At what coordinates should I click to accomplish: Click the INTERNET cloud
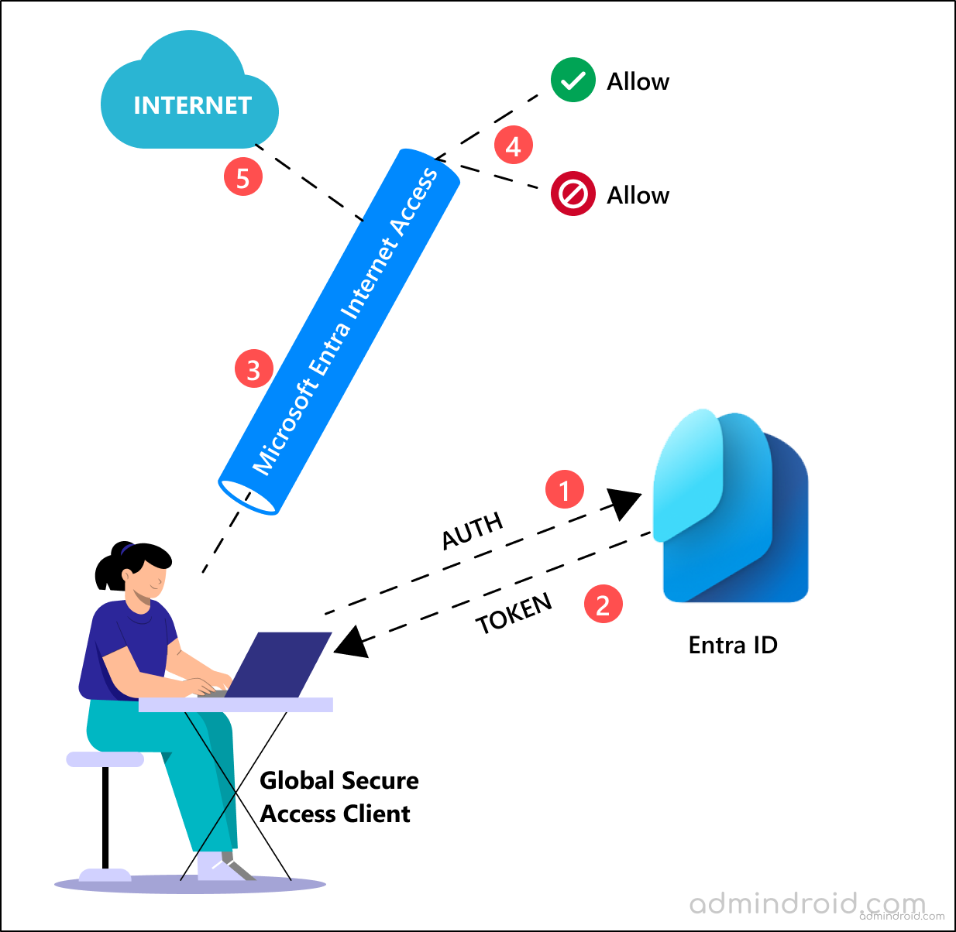point(190,97)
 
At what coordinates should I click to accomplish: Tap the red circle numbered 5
point(243,177)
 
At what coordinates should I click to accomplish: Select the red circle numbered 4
point(514,145)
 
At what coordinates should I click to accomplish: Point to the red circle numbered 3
point(254,369)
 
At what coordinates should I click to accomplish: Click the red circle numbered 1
point(565,489)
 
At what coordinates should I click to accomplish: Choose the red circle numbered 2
point(603,604)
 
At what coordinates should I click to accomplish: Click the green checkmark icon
point(573,81)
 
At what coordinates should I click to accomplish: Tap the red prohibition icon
point(573,194)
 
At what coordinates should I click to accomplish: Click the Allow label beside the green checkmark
point(638,81)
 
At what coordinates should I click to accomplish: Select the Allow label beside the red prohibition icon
point(638,195)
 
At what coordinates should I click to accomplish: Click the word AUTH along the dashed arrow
point(473,531)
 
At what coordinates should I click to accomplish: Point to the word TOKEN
point(514,613)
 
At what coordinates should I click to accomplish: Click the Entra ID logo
point(731,507)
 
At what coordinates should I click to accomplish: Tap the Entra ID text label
point(732,645)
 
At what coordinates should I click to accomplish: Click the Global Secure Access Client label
point(339,797)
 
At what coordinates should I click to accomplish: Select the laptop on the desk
point(279,666)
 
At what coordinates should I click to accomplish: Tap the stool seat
point(105,759)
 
